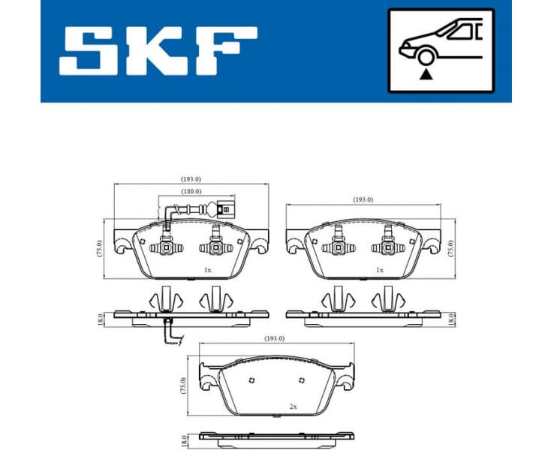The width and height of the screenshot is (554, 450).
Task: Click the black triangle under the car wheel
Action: [x=427, y=74]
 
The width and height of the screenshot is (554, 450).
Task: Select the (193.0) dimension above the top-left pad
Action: [x=191, y=178]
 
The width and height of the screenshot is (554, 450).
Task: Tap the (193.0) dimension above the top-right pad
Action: [x=363, y=199]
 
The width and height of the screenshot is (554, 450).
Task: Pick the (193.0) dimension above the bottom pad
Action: [x=275, y=338]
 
